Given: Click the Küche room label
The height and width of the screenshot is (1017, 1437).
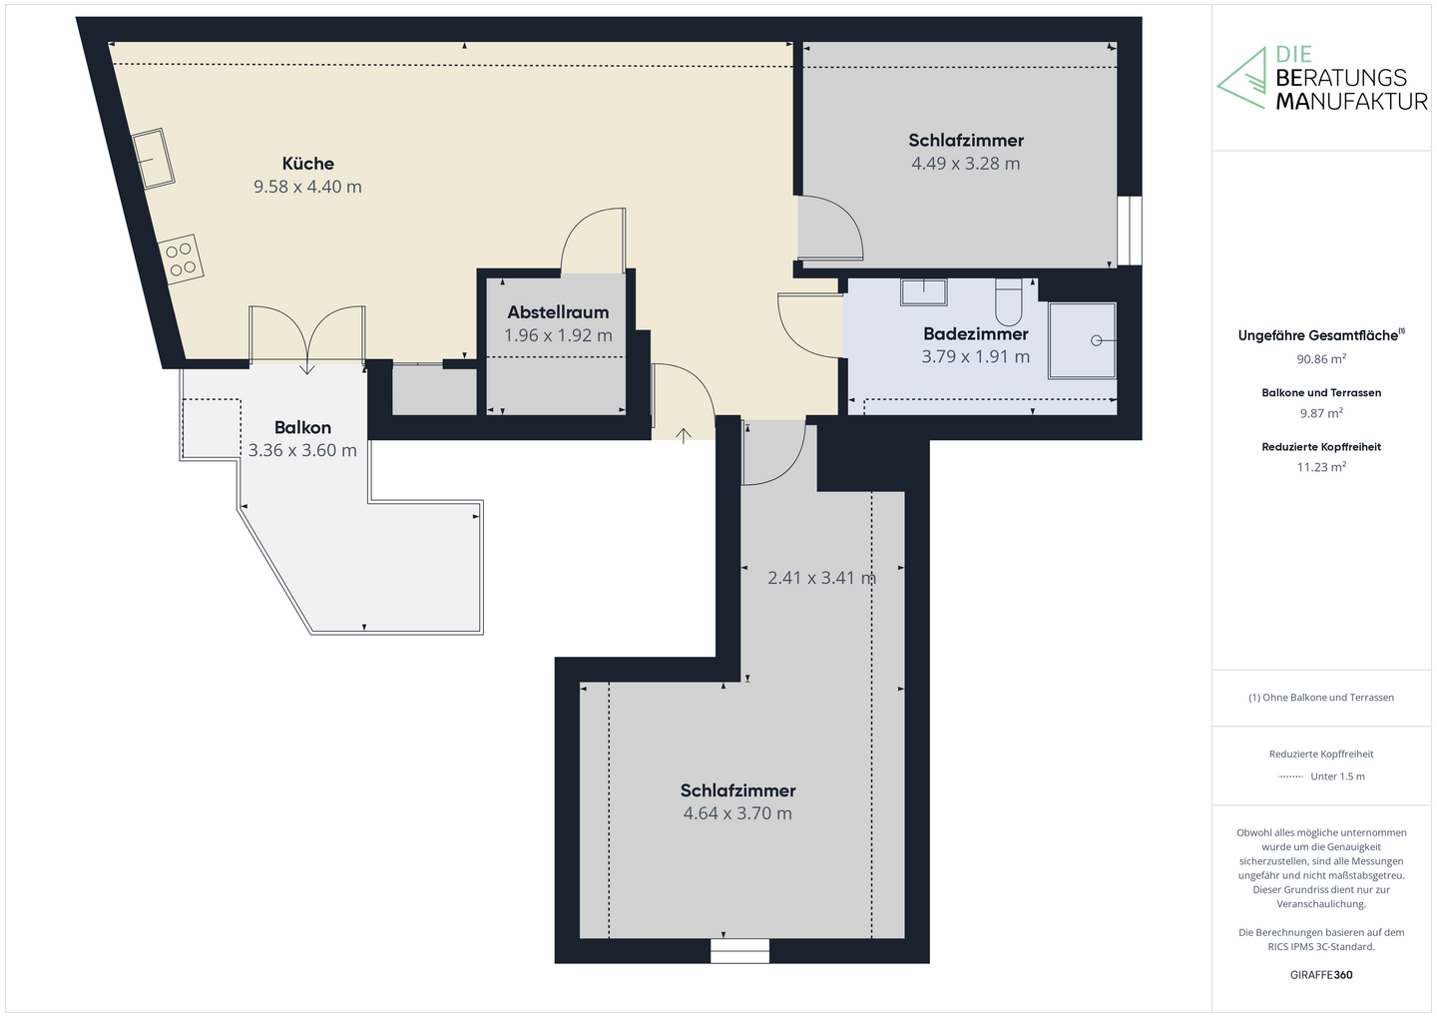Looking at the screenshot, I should [307, 164].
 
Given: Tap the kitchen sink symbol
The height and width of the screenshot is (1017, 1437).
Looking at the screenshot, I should [154, 159].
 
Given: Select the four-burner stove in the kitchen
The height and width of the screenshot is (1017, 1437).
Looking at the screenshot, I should [182, 258].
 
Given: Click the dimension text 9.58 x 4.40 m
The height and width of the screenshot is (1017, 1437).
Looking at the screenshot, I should [307, 187].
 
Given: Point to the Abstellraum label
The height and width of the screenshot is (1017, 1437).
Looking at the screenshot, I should [558, 312].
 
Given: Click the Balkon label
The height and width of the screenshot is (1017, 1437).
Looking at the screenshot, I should [302, 427].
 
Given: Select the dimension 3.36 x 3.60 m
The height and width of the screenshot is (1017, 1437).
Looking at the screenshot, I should [302, 450].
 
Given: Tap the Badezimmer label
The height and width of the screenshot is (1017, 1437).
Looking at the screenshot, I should [975, 333].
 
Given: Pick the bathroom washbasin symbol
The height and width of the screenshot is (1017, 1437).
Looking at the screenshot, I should [923, 291].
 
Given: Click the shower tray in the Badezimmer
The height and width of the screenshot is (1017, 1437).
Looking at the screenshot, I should [1082, 340].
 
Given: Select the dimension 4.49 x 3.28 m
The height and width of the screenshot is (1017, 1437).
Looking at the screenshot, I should [965, 164].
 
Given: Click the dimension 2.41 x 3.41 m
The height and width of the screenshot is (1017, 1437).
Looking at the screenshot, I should [821, 578].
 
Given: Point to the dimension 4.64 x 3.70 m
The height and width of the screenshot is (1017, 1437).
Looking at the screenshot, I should [737, 813].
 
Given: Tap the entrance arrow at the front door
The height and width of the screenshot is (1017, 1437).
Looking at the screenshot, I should [684, 435].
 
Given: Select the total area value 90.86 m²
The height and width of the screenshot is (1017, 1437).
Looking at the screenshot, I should [1321, 359].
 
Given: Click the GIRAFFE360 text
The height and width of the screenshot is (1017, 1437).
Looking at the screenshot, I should [1321, 975].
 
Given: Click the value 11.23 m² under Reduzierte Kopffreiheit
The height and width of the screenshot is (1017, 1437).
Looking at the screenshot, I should [1321, 467].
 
